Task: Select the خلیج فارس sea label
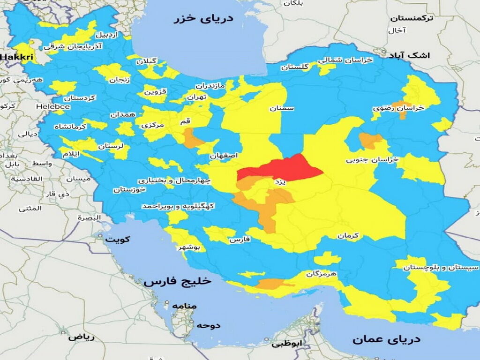pos(178,282)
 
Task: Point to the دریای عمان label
pos(387,339)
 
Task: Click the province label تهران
pos(196,97)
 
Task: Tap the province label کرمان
pos(347,236)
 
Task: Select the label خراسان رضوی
pos(398,108)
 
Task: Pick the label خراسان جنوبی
pos(372,160)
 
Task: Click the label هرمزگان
pos(322,273)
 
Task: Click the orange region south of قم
pos(193,139)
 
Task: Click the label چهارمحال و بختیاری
pos(174,180)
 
